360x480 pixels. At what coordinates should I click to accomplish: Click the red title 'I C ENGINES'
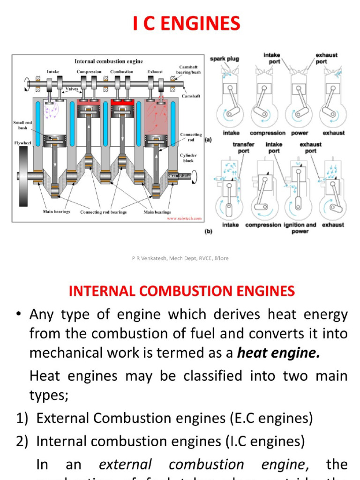(x=186, y=24)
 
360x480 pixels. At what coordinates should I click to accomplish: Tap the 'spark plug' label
(x=224, y=59)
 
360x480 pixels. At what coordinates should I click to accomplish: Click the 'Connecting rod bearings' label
(x=103, y=212)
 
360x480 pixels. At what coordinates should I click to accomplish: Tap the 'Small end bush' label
(x=22, y=125)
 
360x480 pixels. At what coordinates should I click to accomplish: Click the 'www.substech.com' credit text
(x=184, y=218)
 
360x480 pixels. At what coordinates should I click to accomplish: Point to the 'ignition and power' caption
(x=300, y=228)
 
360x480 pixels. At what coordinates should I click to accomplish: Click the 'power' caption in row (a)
(x=300, y=133)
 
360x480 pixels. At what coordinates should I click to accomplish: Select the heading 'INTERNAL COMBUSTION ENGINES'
(x=182, y=291)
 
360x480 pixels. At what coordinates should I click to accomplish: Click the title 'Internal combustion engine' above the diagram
(x=109, y=61)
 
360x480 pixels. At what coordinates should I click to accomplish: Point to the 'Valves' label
(x=72, y=88)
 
